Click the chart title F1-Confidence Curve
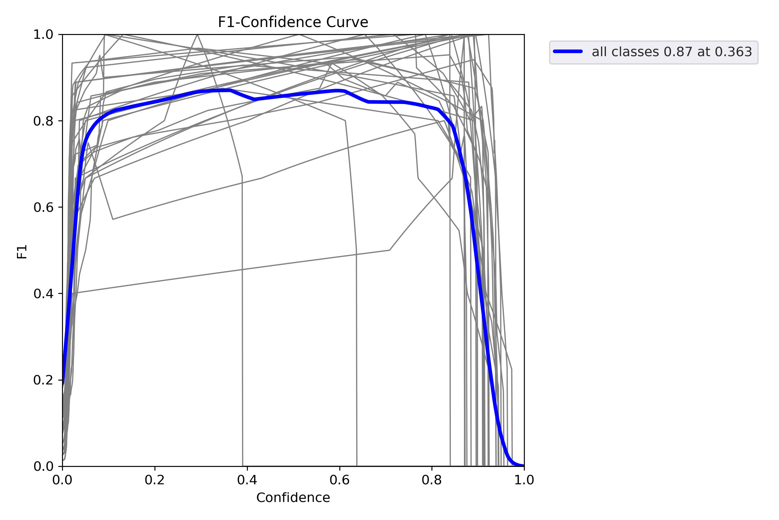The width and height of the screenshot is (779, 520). point(293,22)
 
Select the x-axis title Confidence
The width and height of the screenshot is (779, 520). point(293,498)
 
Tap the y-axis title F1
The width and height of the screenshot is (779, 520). point(22,252)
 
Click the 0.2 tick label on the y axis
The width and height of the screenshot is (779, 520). point(43,380)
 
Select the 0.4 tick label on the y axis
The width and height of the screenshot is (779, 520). point(43,294)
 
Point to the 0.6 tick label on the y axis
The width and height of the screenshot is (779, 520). point(43,207)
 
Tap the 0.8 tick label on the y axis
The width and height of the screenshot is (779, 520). point(43,121)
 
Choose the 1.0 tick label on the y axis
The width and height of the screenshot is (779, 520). point(43,35)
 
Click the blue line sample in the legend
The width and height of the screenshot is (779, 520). point(568,51)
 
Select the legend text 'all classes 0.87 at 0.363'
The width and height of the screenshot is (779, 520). point(672,52)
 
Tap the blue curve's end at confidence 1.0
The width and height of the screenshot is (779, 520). point(523,466)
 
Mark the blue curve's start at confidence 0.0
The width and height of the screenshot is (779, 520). point(63,383)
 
